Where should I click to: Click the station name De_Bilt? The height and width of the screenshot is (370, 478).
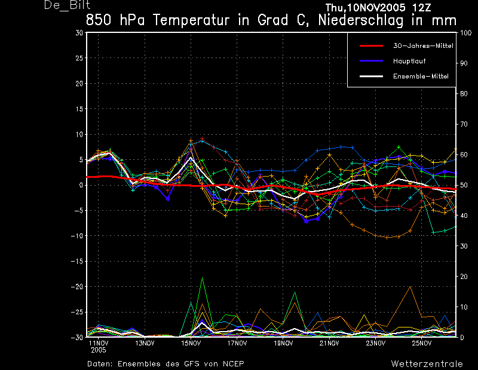pyautogui.click(x=67, y=5)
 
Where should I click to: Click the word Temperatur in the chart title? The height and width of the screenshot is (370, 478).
pyautogui.click(x=191, y=20)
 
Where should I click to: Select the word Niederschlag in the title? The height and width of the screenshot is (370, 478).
pyautogui.click(x=361, y=20)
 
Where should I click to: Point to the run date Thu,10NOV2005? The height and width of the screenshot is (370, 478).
pyautogui.click(x=361, y=7)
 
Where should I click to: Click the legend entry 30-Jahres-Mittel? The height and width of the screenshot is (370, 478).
pyautogui.click(x=423, y=46)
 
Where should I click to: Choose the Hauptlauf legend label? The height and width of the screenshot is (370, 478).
pyautogui.click(x=409, y=61)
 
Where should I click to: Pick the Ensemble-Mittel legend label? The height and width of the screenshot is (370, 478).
pyautogui.click(x=421, y=76)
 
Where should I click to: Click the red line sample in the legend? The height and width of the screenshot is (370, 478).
pyautogui.click(x=371, y=46)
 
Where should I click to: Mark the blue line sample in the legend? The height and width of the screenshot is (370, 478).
pyautogui.click(x=371, y=61)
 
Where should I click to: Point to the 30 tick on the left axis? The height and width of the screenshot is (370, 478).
pyautogui.click(x=79, y=33)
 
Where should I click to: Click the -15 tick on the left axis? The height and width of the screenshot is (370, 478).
pyautogui.click(x=77, y=261)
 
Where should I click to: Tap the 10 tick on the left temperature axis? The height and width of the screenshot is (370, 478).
pyautogui.click(x=79, y=134)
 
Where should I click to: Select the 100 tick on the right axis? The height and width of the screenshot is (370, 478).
pyautogui.click(x=465, y=33)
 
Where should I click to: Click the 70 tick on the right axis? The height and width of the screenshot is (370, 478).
pyautogui.click(x=464, y=124)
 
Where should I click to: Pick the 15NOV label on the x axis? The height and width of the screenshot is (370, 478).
pyautogui.click(x=191, y=343)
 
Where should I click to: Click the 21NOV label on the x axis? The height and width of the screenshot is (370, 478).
pyautogui.click(x=329, y=343)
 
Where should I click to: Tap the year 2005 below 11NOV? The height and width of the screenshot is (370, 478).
pyautogui.click(x=98, y=350)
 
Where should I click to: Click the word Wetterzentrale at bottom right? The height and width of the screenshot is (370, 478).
pyautogui.click(x=427, y=364)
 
